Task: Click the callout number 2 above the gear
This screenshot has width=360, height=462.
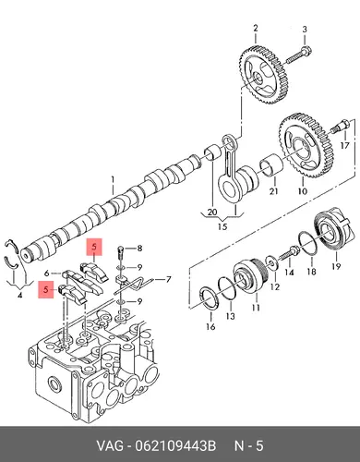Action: click(x=256, y=29)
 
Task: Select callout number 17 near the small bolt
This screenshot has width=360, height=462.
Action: click(x=345, y=145)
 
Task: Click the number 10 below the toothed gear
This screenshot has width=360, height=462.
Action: click(x=303, y=191)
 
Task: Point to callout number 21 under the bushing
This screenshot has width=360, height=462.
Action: click(x=273, y=191)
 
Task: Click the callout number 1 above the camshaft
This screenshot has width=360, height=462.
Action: click(x=113, y=179)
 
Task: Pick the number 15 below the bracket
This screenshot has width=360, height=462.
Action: click(x=222, y=226)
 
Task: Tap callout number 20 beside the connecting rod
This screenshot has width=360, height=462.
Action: click(x=212, y=212)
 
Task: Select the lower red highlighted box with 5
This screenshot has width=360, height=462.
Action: click(x=46, y=289)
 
